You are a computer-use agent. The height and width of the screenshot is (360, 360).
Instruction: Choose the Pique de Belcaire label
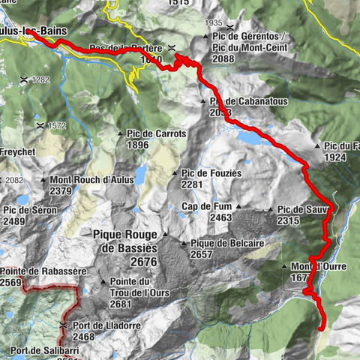point(225,243)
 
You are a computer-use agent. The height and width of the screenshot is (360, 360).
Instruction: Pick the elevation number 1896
point(138,145)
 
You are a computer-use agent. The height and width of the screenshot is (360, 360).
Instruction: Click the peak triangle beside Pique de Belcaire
point(184,243)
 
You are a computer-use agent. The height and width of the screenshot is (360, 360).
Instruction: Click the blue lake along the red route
point(249,138)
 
